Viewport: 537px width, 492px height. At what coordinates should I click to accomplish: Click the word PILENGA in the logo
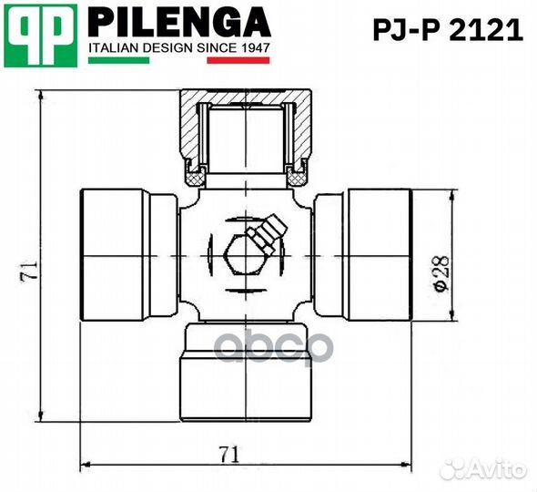point(178,22)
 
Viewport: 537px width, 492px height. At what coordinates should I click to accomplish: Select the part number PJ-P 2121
point(448,31)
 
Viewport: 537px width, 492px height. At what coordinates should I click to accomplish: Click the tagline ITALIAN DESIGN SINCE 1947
point(178,47)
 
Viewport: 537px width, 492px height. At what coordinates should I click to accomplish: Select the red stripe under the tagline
point(238,60)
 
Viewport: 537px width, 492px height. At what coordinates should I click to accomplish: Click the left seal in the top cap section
point(195,168)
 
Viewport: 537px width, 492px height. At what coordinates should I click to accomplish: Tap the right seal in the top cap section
point(298,168)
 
